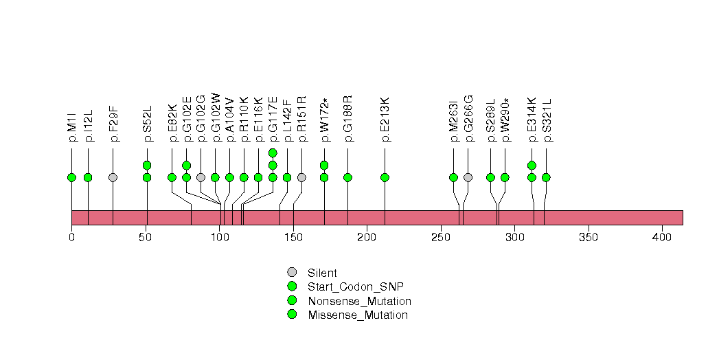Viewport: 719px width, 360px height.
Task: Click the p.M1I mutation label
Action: [x=71, y=128]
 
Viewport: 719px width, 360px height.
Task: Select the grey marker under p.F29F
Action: [x=113, y=177]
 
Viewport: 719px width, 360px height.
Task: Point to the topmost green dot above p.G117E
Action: [x=273, y=153]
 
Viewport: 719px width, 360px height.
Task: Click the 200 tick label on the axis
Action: [x=367, y=237]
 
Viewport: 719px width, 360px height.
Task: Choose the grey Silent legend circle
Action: [x=292, y=273]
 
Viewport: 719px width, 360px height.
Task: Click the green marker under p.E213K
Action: [x=385, y=177]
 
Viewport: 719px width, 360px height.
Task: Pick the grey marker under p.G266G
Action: [x=468, y=177]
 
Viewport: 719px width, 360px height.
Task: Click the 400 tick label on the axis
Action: [x=662, y=237]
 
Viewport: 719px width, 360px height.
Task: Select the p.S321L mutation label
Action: [x=547, y=120]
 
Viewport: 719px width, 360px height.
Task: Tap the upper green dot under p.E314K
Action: [x=532, y=165]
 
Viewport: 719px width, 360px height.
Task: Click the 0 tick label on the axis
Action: [x=71, y=237]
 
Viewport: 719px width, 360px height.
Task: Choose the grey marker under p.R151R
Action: [x=301, y=177]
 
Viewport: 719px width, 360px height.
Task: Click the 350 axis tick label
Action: [x=588, y=237]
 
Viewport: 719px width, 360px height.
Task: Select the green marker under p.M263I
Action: [x=453, y=177]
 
